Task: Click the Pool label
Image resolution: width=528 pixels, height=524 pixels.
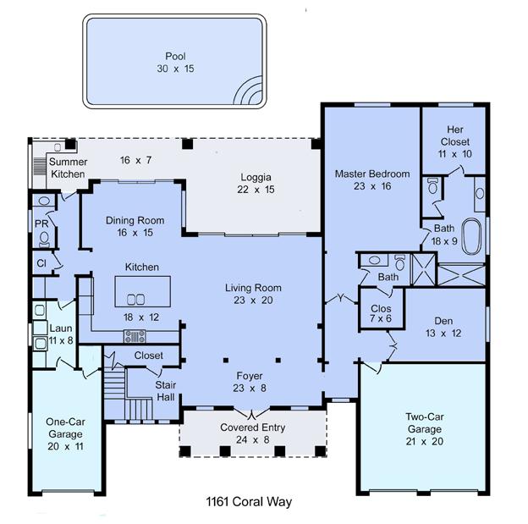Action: coord(175,56)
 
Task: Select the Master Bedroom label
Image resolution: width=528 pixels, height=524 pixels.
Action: coord(372,174)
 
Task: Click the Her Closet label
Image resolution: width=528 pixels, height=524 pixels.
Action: coord(455,135)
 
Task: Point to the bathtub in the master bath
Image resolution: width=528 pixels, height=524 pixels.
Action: coord(470,236)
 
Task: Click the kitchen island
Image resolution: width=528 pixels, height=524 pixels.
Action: coord(143,291)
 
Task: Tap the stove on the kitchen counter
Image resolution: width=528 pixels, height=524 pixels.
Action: coord(135,336)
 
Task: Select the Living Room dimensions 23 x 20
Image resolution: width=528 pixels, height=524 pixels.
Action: coord(253,300)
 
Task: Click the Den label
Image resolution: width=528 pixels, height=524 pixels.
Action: coord(443,321)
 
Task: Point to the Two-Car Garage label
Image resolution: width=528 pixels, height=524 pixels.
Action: coord(425,423)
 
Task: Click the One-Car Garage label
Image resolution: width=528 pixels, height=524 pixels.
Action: coord(65,428)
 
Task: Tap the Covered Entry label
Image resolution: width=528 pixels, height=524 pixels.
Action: coord(252,427)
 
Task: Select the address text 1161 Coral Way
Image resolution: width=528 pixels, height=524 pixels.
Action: coord(249,502)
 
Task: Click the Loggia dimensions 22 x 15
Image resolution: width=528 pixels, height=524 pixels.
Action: coord(256,190)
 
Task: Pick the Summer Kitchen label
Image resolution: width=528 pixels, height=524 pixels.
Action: coord(68,168)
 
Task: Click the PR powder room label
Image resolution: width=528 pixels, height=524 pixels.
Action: coord(41,223)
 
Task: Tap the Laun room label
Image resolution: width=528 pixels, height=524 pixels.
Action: coord(61,328)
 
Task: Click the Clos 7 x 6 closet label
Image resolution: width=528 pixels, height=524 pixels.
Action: coord(381,313)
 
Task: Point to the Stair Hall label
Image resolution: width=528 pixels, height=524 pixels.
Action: coord(165,391)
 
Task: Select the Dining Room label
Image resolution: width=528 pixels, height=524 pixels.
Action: coord(135,220)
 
